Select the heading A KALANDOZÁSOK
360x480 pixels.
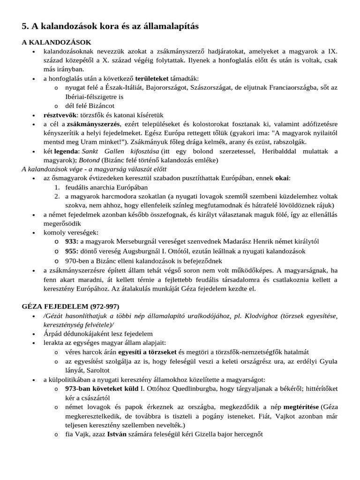(56, 42)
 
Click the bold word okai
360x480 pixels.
(283, 178)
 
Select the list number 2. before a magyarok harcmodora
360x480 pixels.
(56, 196)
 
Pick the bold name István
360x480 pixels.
(117, 434)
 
